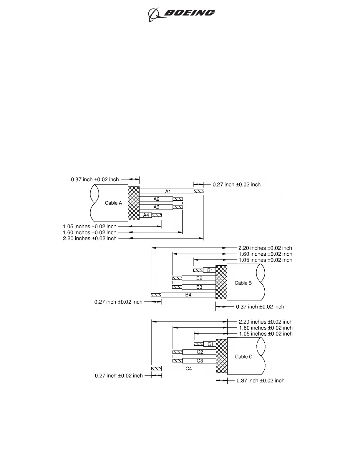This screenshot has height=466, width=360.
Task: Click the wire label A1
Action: pyautogui.click(x=168, y=192)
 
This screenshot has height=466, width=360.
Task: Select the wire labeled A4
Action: pyautogui.click(x=146, y=215)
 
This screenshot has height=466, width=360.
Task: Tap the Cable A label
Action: pyautogui.click(x=113, y=203)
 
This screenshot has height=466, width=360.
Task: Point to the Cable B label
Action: pyautogui.click(x=243, y=283)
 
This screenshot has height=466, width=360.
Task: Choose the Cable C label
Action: pyautogui.click(x=244, y=357)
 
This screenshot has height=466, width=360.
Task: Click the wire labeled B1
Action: pyautogui.click(x=210, y=270)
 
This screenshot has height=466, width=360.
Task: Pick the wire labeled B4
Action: pyautogui.click(x=188, y=295)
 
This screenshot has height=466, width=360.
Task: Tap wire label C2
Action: pyautogui.click(x=200, y=352)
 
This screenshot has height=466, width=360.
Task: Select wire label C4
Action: pyautogui.click(x=189, y=369)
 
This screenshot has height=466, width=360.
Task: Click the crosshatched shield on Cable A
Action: pyautogui.click(x=134, y=203)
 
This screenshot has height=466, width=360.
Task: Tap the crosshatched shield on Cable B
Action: pyautogui.click(x=221, y=282)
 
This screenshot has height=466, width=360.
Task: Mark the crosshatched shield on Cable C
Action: pyautogui.click(x=222, y=356)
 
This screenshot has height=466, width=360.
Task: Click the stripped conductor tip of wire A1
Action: pyautogui.click(x=199, y=192)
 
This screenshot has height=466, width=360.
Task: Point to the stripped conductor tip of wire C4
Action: pyautogui.click(x=156, y=369)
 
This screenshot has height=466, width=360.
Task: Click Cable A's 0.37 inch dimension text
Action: pyautogui.click(x=95, y=179)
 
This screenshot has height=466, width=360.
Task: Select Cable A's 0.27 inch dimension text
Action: pyautogui.click(x=237, y=185)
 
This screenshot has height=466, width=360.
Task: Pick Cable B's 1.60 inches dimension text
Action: pyautogui.click(x=265, y=254)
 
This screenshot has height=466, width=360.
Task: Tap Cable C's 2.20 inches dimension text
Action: pyautogui.click(x=266, y=322)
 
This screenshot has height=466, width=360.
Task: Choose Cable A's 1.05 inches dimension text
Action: pyautogui.click(x=90, y=227)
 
